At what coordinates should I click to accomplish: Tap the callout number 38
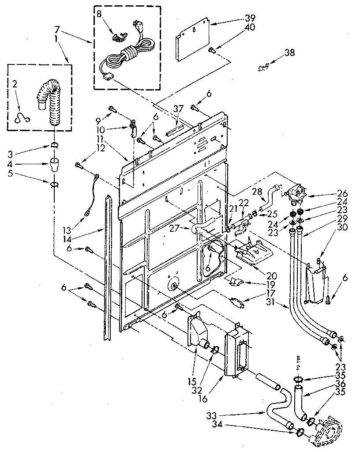(x=289, y=53)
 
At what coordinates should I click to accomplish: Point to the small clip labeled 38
(x=263, y=68)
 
